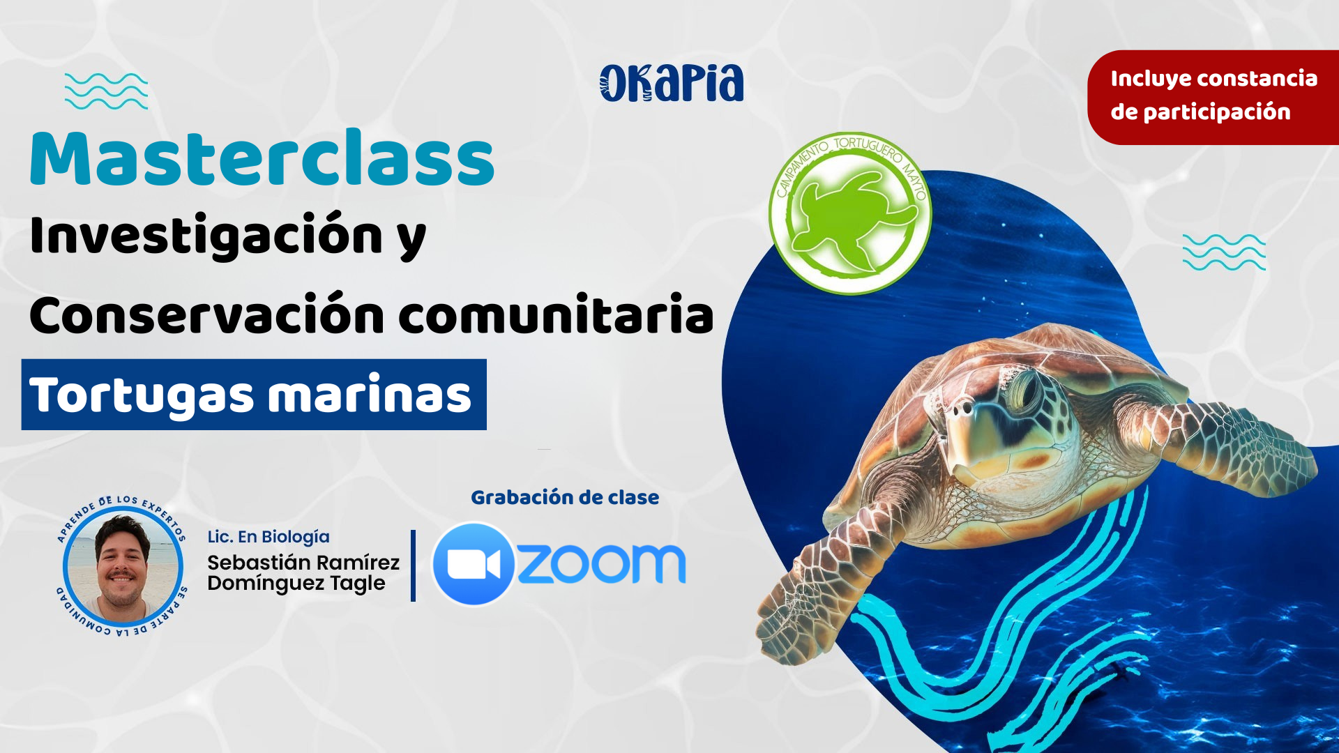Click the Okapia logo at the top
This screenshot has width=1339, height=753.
pos(672,84)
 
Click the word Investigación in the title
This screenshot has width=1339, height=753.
pos(206,235)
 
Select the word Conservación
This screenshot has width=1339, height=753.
pos(207,314)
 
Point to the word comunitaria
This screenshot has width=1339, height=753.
pos(557,314)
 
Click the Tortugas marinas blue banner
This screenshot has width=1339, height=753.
pos(254,395)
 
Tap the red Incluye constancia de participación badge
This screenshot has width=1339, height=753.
pos(1213,97)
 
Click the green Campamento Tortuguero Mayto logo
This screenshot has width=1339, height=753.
pos(850,213)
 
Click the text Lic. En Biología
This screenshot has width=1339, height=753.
pos(268,537)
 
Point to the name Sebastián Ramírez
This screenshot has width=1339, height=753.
pos(303,562)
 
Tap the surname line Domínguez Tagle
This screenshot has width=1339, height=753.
pos(296,584)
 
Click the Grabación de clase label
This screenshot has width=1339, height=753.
pos(565,497)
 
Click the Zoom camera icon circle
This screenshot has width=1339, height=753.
pos(474,563)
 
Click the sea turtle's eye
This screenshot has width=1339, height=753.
pos(1026,390)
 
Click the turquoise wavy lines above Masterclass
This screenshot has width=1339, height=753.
pos(106,91)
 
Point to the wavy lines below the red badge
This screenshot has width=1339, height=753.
pos(1224,252)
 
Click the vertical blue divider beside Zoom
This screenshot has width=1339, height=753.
pos(414,565)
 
